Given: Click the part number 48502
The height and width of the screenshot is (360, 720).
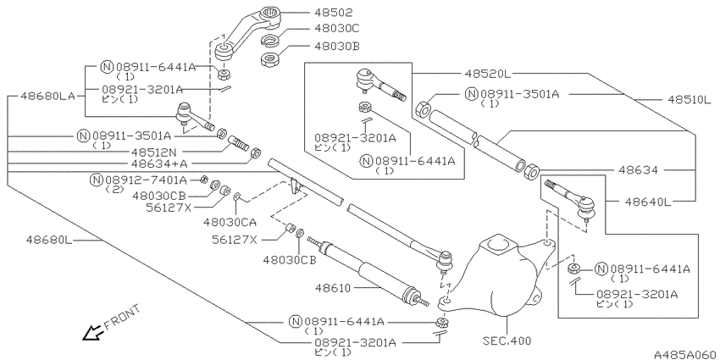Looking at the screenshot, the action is tap(334, 13).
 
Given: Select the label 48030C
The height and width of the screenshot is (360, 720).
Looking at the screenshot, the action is tap(336, 29).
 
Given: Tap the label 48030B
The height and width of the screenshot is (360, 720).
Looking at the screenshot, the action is tap(336, 46).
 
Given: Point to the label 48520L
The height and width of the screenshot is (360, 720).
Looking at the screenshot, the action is tap(487, 73).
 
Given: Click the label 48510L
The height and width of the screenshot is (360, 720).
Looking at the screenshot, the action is tap(687, 100).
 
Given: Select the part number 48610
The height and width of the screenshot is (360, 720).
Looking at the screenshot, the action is tap(334, 288).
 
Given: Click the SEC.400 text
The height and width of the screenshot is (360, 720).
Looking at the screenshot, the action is tap(507, 341).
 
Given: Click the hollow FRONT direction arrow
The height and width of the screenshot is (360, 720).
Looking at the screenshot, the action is tap(92, 333).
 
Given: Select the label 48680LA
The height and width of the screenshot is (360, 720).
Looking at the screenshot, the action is tap(47, 97).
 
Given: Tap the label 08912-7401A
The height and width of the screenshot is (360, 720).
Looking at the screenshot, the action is tap(146, 180).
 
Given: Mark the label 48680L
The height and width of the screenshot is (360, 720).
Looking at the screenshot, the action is tap(49, 240).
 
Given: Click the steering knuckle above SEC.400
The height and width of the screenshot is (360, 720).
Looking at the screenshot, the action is tap(505, 275).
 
